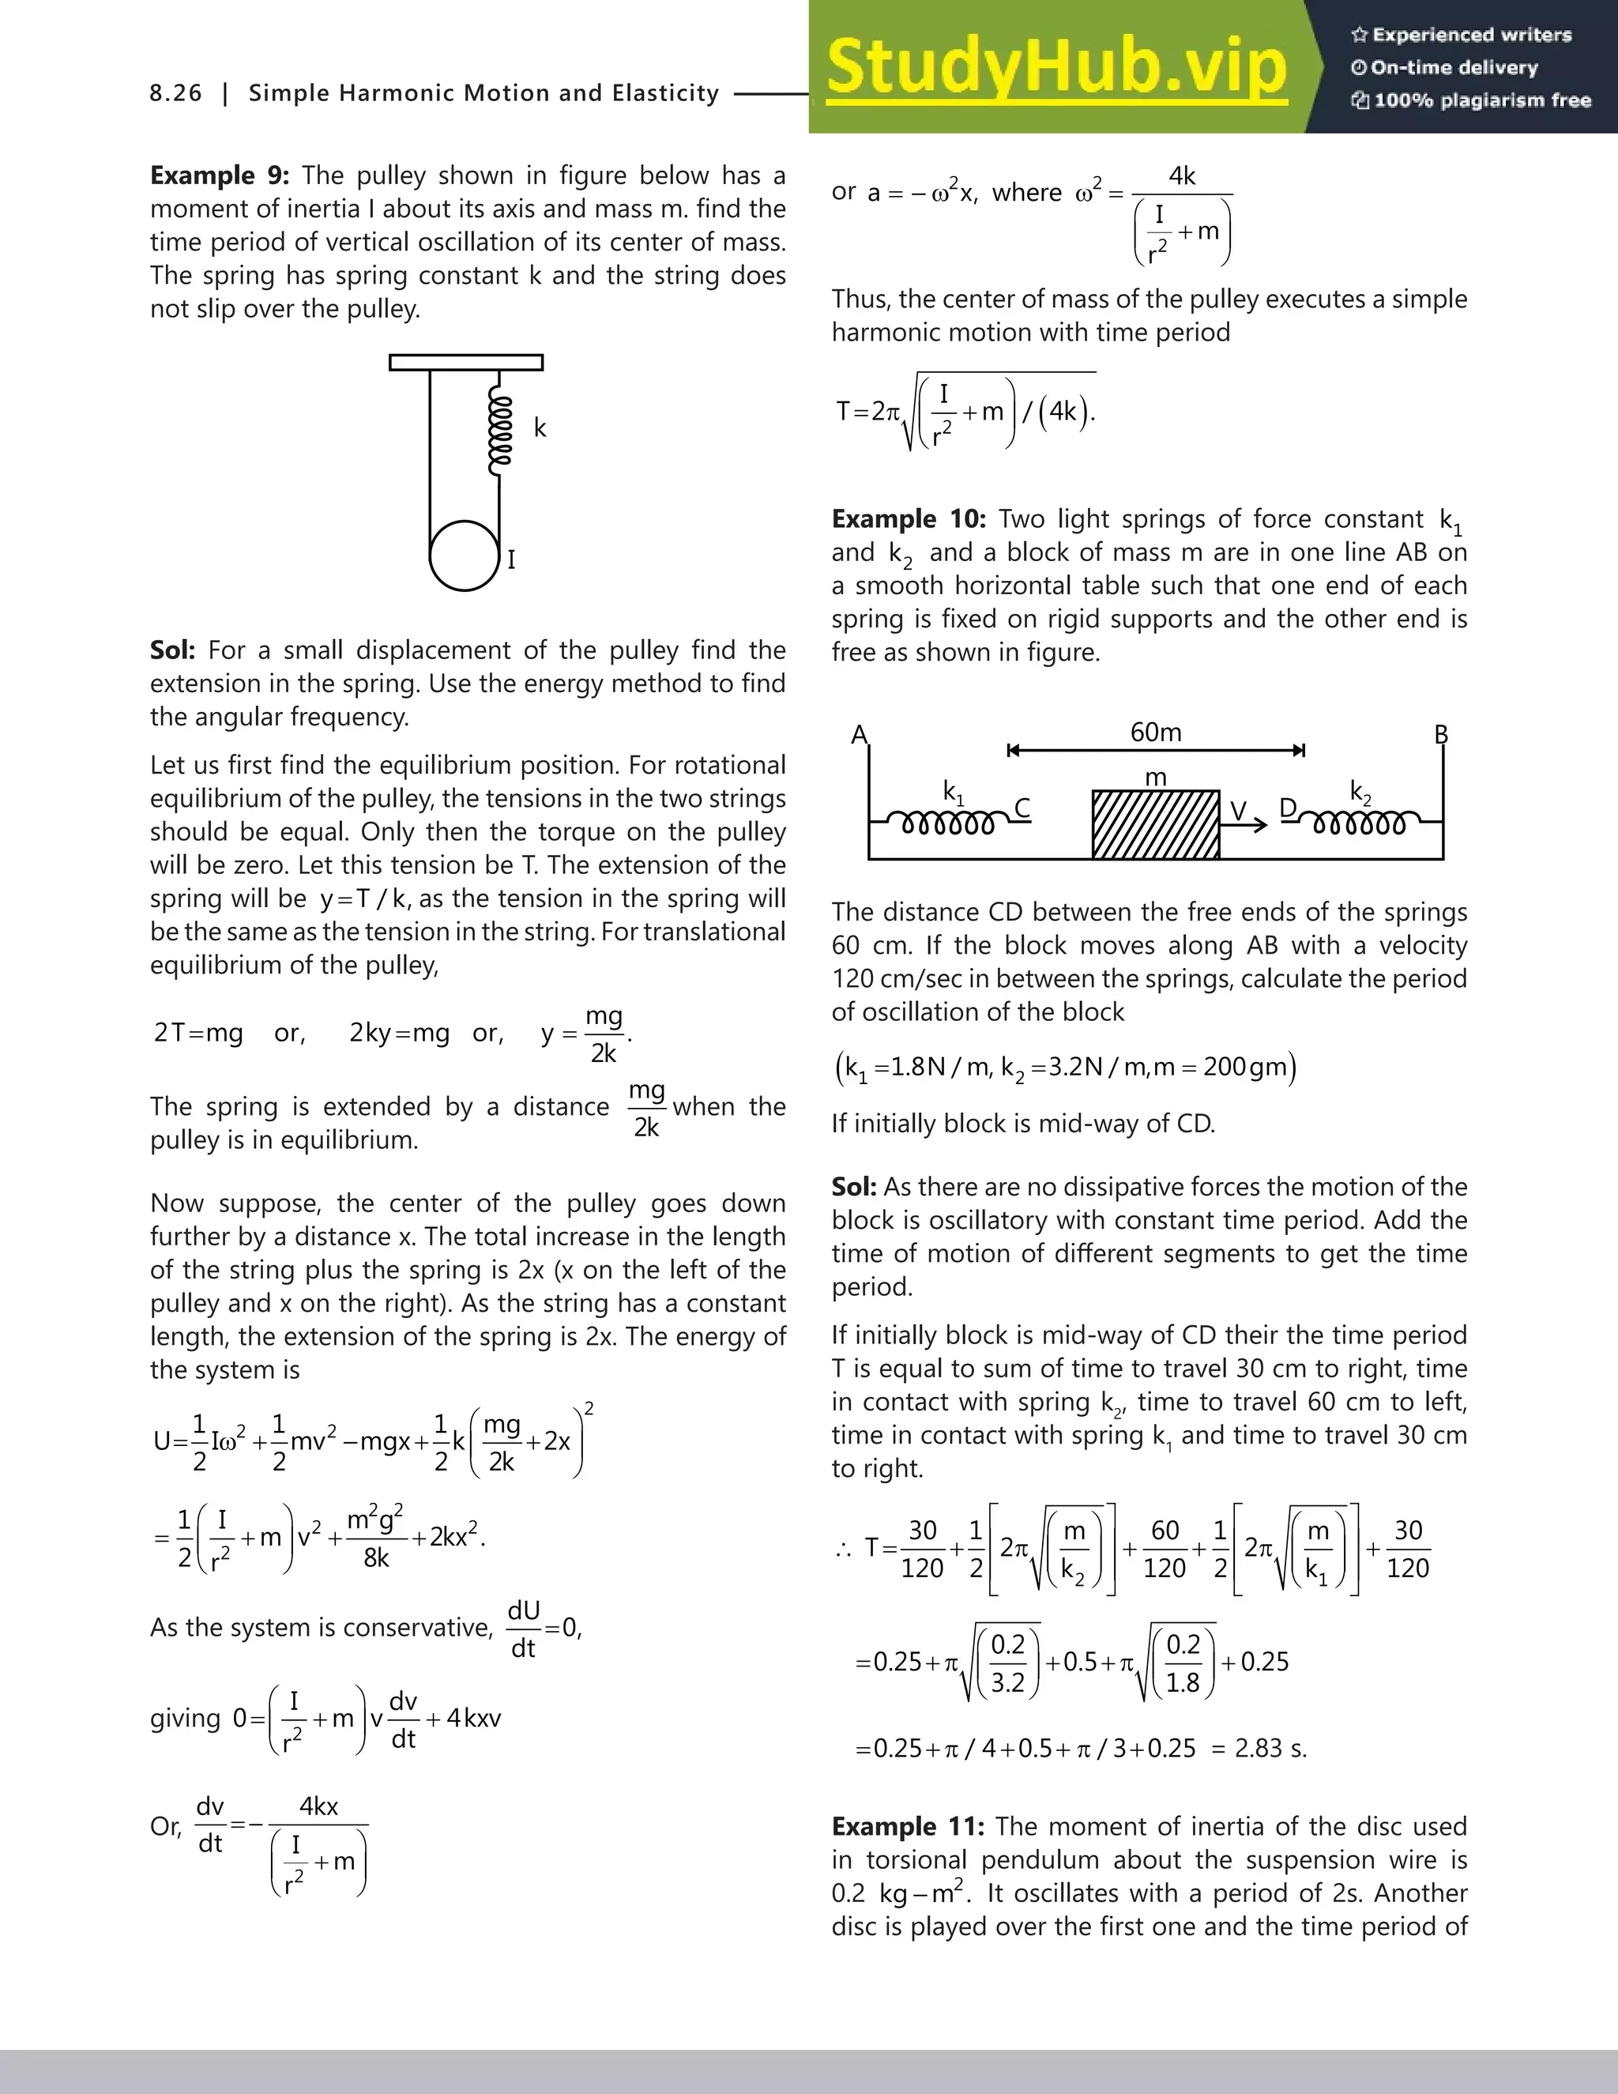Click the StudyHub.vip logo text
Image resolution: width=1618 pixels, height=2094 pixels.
[x=1055, y=67]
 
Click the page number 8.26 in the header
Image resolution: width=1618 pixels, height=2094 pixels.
[x=176, y=93]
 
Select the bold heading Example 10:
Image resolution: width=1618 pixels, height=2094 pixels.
[x=908, y=518]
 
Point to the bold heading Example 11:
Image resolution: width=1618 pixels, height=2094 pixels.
[x=907, y=1826]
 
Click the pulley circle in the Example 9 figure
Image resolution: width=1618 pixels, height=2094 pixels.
[x=464, y=556]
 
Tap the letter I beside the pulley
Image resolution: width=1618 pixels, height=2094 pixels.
[x=512, y=559]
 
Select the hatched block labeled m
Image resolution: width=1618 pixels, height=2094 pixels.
[x=1156, y=824]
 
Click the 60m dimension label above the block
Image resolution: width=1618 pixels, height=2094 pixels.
[x=1156, y=733]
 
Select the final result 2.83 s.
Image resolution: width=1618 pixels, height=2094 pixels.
[x=1270, y=1748]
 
